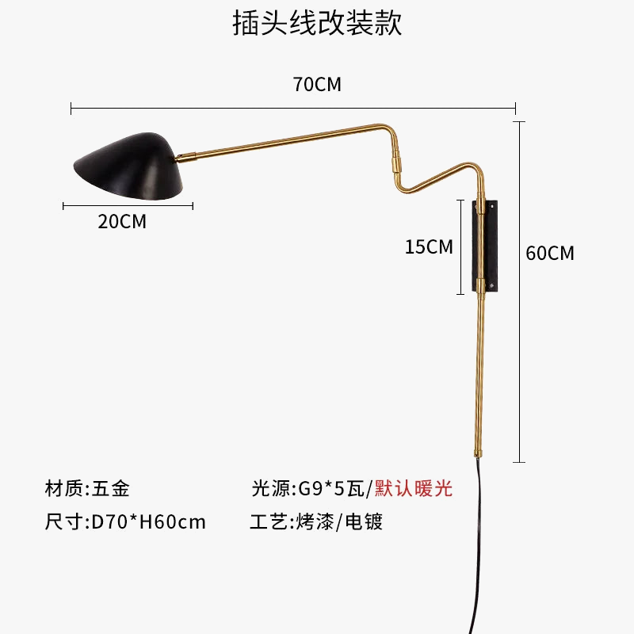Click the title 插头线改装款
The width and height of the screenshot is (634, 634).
click(317, 23)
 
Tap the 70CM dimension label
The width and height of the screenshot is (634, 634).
click(317, 84)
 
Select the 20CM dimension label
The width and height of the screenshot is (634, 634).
click(122, 222)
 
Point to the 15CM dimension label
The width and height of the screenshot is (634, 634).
click(429, 246)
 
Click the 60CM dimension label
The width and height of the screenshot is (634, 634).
click(550, 254)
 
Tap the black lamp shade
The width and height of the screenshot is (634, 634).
click(131, 162)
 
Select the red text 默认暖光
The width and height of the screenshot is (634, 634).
click(414, 488)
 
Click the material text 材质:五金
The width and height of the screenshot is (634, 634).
click(87, 488)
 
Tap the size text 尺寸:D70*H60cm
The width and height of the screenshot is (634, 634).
click(125, 522)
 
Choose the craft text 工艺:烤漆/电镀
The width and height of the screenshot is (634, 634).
click(316, 522)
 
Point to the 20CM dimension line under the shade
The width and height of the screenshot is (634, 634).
click(128, 206)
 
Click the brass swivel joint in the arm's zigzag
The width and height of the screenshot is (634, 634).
click(396, 164)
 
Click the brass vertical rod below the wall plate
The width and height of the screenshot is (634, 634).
click(480, 372)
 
